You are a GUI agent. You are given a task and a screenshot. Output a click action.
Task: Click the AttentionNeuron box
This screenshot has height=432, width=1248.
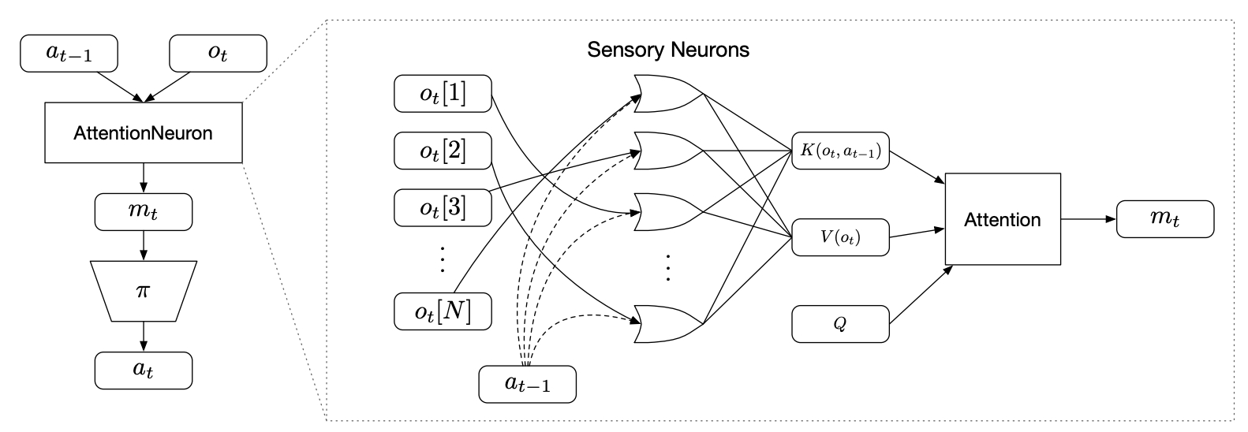pyautogui.click(x=144, y=132)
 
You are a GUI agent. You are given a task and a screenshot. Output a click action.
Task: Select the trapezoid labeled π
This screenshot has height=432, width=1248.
pyautogui.click(x=144, y=291)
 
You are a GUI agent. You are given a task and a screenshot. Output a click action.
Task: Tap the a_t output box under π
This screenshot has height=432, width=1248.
pyautogui.click(x=144, y=371)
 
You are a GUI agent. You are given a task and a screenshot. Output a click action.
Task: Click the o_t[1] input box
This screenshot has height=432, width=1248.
pyautogui.click(x=443, y=94)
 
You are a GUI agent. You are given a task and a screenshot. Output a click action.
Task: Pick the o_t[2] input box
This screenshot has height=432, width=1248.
pyautogui.click(x=443, y=151)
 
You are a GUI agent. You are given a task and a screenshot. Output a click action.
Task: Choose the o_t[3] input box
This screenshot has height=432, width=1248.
pyautogui.click(x=443, y=207)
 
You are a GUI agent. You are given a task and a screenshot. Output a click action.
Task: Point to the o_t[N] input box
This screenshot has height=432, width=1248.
pyautogui.click(x=443, y=311)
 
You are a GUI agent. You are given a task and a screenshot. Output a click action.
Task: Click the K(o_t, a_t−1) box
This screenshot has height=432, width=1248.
pyautogui.click(x=840, y=151)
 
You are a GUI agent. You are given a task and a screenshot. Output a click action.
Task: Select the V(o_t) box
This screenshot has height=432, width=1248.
pyautogui.click(x=840, y=237)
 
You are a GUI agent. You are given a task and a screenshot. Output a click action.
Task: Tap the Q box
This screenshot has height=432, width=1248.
pyautogui.click(x=840, y=323)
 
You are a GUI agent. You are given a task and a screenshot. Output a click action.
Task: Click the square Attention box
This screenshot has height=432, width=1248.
pyautogui.click(x=1003, y=219)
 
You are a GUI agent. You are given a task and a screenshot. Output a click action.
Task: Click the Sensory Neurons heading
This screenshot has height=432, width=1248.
pyautogui.click(x=668, y=50)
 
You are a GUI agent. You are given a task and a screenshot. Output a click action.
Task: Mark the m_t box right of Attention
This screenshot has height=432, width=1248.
pyautogui.click(x=1165, y=219)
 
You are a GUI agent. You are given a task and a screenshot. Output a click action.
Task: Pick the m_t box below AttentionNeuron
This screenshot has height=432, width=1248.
pyautogui.click(x=144, y=212)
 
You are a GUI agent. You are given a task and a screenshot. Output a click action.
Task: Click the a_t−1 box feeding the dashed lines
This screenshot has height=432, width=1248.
pyautogui.click(x=527, y=384)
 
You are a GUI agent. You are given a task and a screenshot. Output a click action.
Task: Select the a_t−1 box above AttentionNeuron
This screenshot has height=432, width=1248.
pyautogui.click(x=69, y=54)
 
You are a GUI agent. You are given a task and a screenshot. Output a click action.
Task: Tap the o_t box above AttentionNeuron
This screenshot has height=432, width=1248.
pyautogui.click(x=218, y=54)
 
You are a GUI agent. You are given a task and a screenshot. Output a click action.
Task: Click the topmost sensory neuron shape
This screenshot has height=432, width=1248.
pyautogui.click(x=667, y=94)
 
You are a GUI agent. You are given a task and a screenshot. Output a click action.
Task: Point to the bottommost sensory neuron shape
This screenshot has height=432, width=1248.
pyautogui.click(x=667, y=323)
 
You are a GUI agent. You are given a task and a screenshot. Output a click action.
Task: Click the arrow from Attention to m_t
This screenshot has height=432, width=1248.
pyautogui.click(x=1089, y=219)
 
